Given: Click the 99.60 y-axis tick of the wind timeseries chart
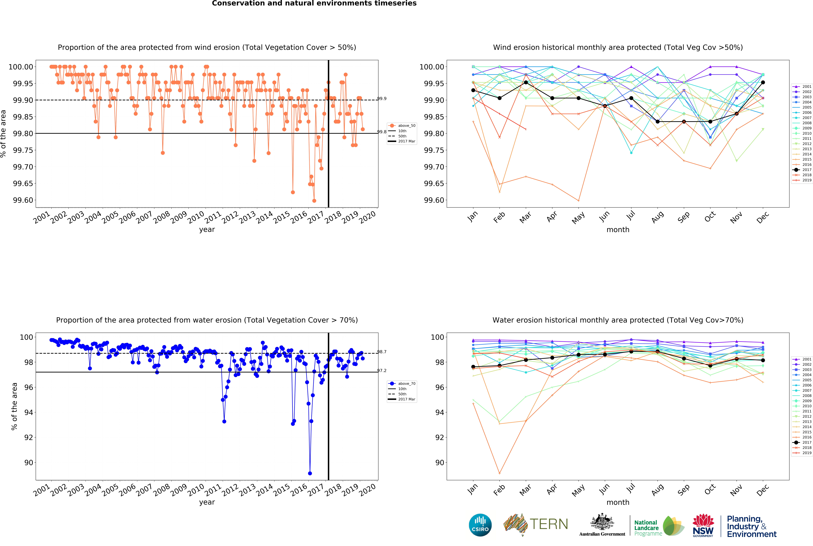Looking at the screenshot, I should (x=23, y=200).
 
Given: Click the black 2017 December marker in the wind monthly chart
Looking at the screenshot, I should (x=763, y=82).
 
